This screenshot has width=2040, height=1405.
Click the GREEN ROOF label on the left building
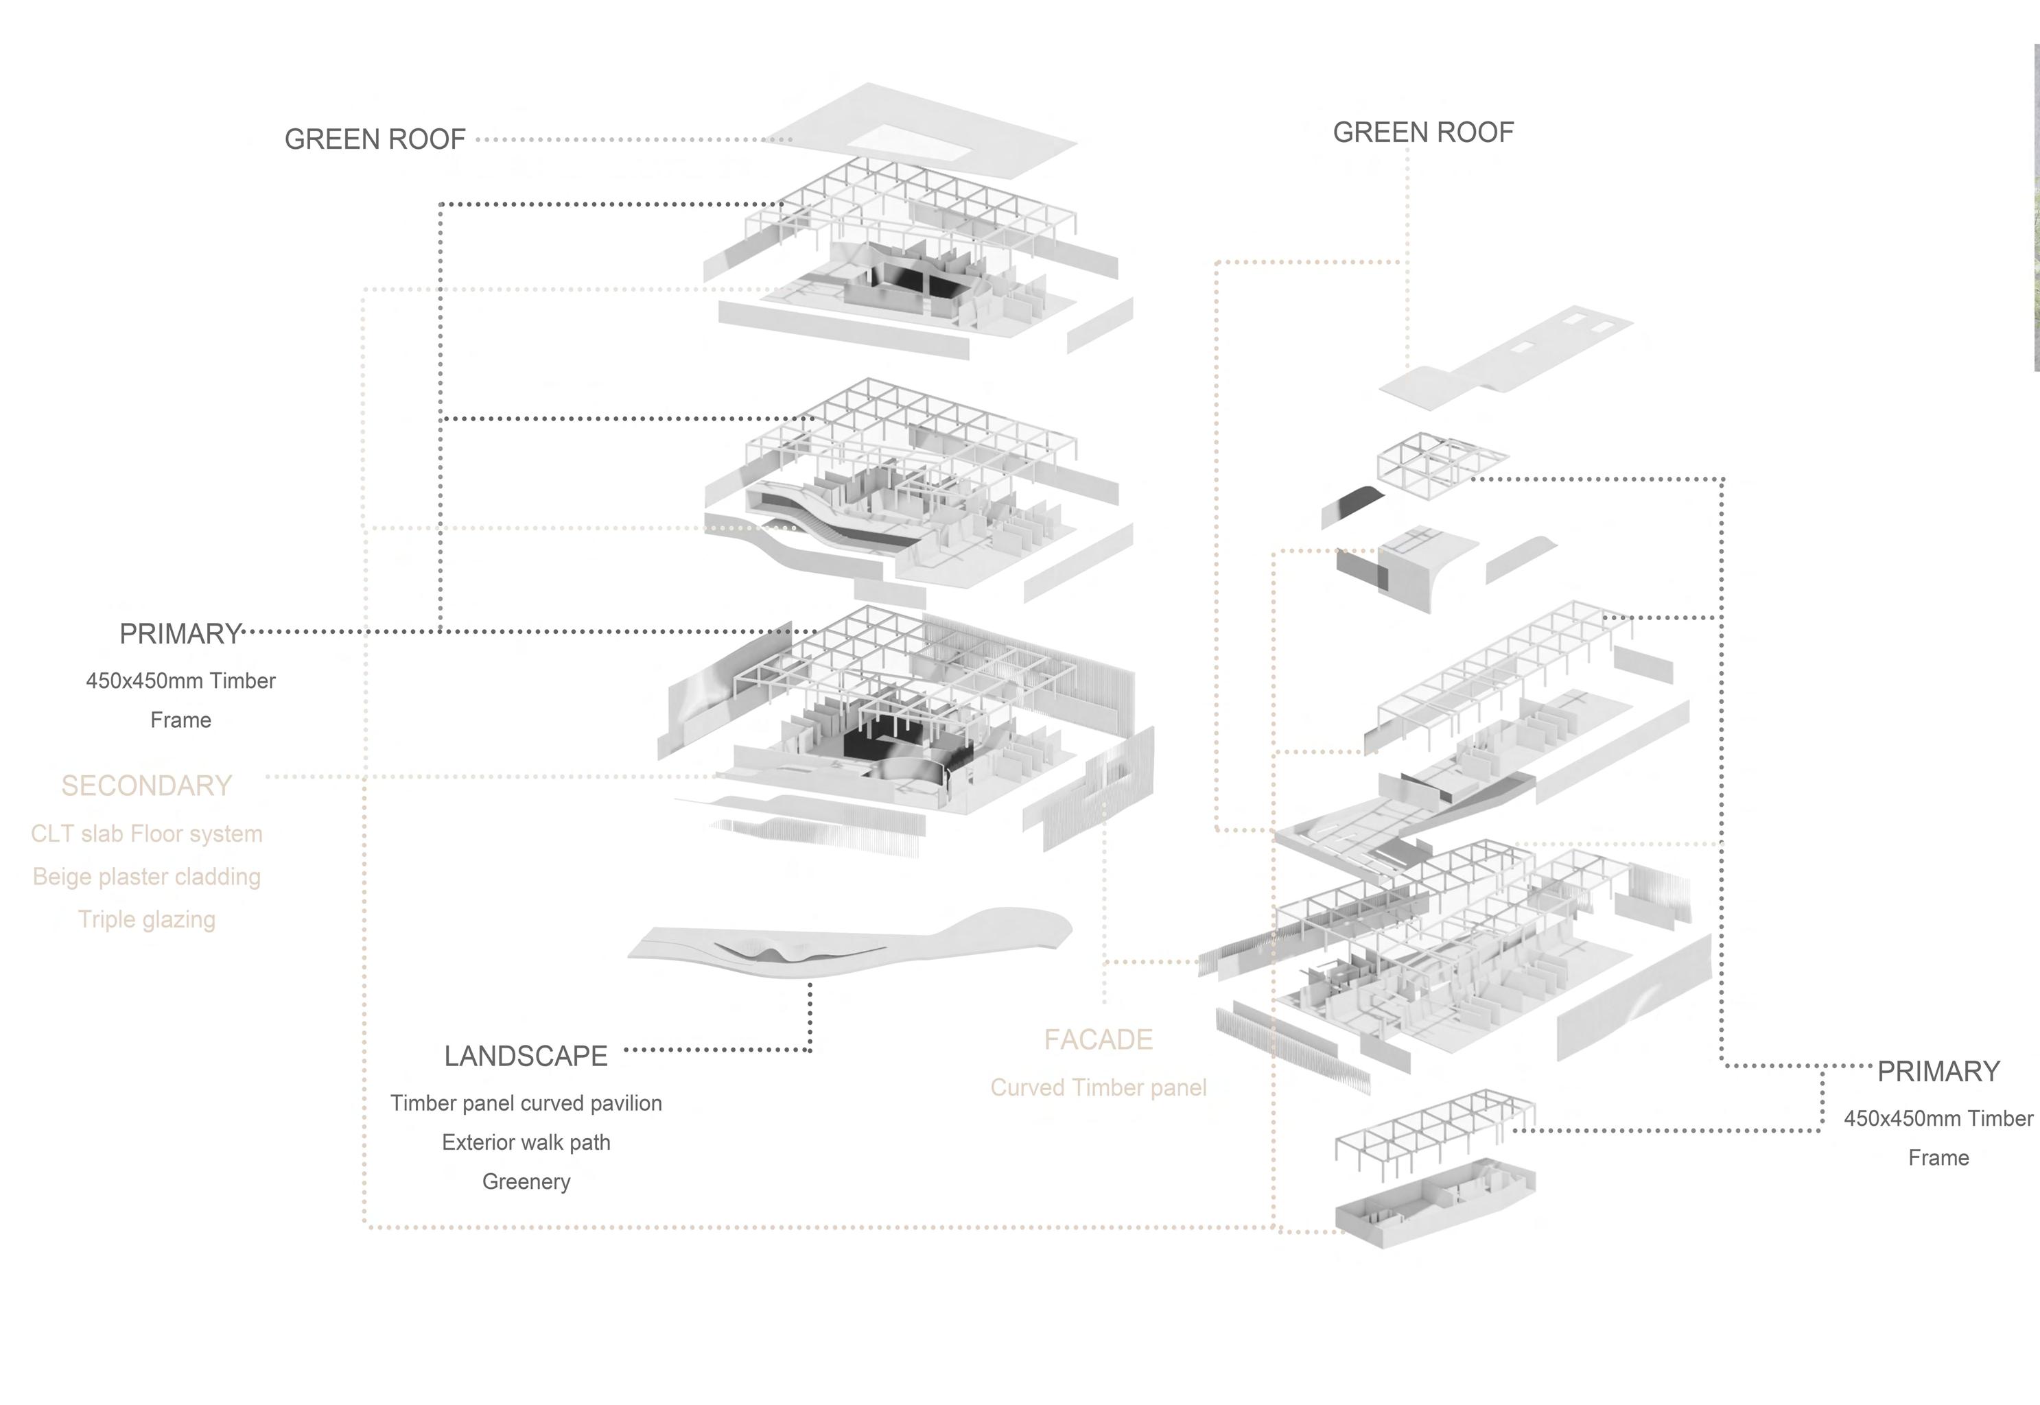[374, 139]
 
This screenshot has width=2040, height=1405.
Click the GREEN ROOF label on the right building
[1423, 132]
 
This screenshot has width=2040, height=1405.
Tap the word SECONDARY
[146, 786]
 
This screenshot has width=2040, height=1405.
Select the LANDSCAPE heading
[526, 1056]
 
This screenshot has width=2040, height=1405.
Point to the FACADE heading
[1098, 1039]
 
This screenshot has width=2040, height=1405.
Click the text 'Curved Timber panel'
[1098, 1087]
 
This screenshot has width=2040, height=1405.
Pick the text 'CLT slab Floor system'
[146, 834]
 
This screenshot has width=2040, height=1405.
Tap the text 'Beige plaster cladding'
[146, 877]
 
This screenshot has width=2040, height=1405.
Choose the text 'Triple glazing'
[146, 919]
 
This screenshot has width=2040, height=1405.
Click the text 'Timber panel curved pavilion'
[526, 1103]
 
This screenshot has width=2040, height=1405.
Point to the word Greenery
[526, 1181]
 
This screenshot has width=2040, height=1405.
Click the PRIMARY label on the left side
[180, 634]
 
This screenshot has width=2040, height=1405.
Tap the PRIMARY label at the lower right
[1938, 1072]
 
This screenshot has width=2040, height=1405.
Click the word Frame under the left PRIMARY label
[180, 720]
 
